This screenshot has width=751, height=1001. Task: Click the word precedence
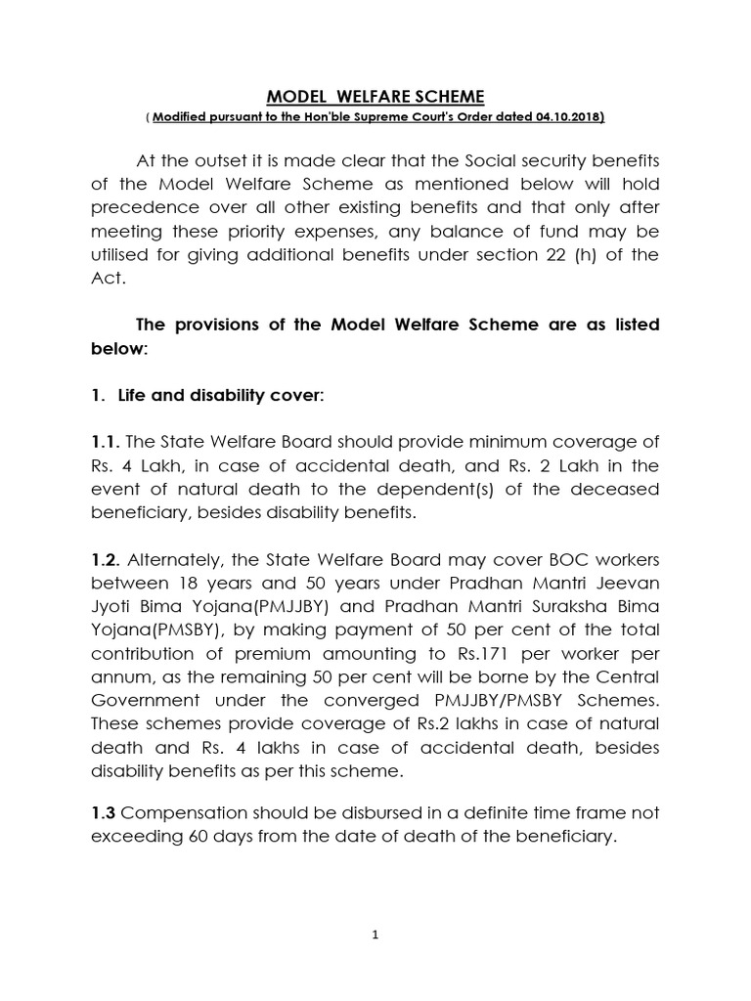click(140, 207)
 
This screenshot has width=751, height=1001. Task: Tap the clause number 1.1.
click(105, 441)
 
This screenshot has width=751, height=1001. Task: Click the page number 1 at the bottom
click(375, 934)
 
